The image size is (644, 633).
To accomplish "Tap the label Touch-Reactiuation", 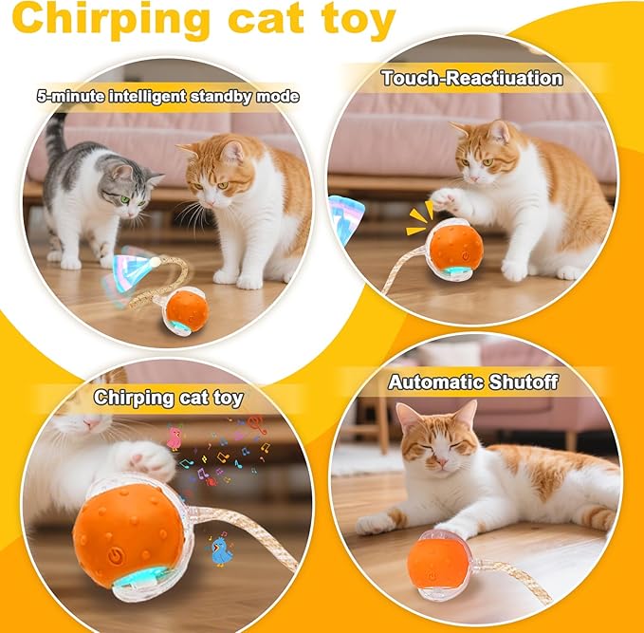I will (x=471, y=78).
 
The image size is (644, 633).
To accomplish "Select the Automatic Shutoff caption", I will (x=473, y=382).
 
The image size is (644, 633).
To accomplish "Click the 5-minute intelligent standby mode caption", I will (x=168, y=96).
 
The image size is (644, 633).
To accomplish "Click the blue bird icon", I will (x=222, y=551).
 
